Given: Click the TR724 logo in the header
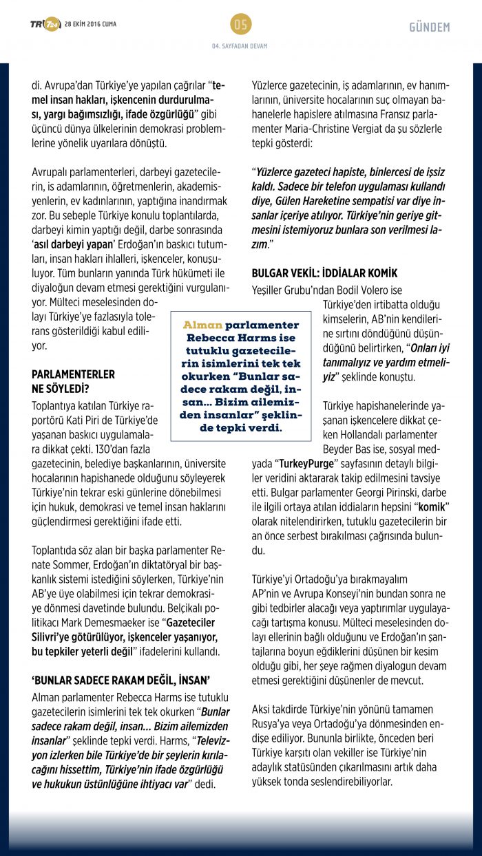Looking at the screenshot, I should tap(45, 25).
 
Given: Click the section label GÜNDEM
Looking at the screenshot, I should tap(429, 28).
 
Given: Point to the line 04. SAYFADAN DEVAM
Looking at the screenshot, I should tap(240, 46).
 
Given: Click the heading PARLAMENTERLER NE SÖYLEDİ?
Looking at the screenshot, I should tap(73, 381).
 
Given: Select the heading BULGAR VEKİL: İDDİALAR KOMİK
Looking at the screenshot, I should tap(324, 273).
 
